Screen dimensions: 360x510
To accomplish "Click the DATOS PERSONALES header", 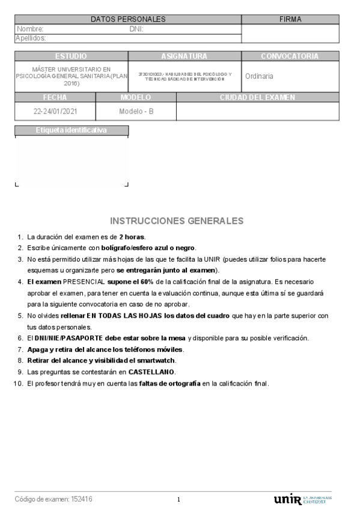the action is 128,19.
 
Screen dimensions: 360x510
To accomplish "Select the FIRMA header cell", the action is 290,19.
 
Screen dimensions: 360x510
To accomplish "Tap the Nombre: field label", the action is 29,29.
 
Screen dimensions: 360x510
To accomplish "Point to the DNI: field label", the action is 136,29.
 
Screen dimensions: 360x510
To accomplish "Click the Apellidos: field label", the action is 32,38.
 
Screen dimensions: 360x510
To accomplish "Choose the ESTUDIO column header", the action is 71,56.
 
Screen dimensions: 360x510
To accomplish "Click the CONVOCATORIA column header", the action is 289,56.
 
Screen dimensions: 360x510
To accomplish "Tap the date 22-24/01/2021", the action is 55,111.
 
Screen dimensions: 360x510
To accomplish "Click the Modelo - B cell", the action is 136,111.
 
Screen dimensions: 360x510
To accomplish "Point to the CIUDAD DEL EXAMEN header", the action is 257,97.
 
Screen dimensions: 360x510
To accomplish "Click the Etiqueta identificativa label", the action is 71,129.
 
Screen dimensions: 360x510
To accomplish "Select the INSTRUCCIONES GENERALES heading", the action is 177,221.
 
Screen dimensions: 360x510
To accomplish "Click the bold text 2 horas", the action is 132,236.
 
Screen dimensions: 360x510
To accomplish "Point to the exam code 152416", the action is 82,499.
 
